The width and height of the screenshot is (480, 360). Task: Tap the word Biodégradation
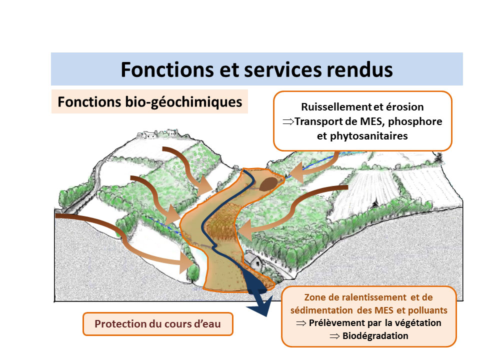pyautogui.click(x=375, y=336)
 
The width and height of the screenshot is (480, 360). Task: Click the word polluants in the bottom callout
pyautogui.click(x=427, y=310)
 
